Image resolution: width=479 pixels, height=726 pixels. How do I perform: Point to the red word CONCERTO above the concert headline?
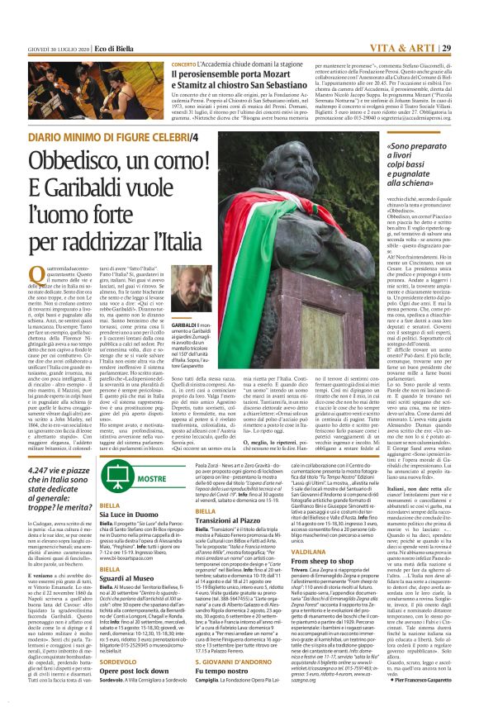(183, 64)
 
